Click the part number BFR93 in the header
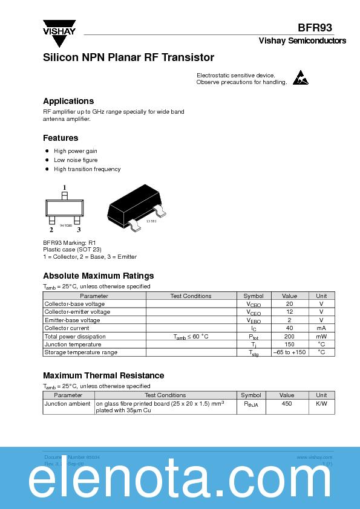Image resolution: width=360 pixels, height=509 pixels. [x=315, y=28]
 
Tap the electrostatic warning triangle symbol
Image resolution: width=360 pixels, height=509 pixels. [x=301, y=78]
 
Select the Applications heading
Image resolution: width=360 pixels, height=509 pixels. [x=68, y=101]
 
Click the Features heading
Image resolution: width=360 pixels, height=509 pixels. [x=61, y=138]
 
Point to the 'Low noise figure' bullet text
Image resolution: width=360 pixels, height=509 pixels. [x=76, y=160]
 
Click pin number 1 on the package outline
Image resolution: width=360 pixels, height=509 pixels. [x=64, y=187]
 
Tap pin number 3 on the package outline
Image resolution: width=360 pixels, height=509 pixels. [x=78, y=230]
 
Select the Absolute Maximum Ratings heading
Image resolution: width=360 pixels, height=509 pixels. [x=99, y=276]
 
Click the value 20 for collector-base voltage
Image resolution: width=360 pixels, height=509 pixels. [x=289, y=304]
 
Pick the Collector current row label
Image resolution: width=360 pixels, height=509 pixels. [x=67, y=328]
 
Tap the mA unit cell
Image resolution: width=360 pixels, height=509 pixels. [x=321, y=328]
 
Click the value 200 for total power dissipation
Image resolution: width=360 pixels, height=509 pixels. [x=289, y=336]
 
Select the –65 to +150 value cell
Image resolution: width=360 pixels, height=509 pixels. [x=289, y=352]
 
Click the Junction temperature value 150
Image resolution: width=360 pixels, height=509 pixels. [x=289, y=344]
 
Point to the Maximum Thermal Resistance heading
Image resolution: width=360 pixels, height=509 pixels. [x=103, y=375]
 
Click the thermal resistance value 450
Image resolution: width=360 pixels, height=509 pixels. [x=287, y=403]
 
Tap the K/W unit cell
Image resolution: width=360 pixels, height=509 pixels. [x=321, y=403]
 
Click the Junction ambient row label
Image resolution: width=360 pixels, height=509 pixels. [x=68, y=403]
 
